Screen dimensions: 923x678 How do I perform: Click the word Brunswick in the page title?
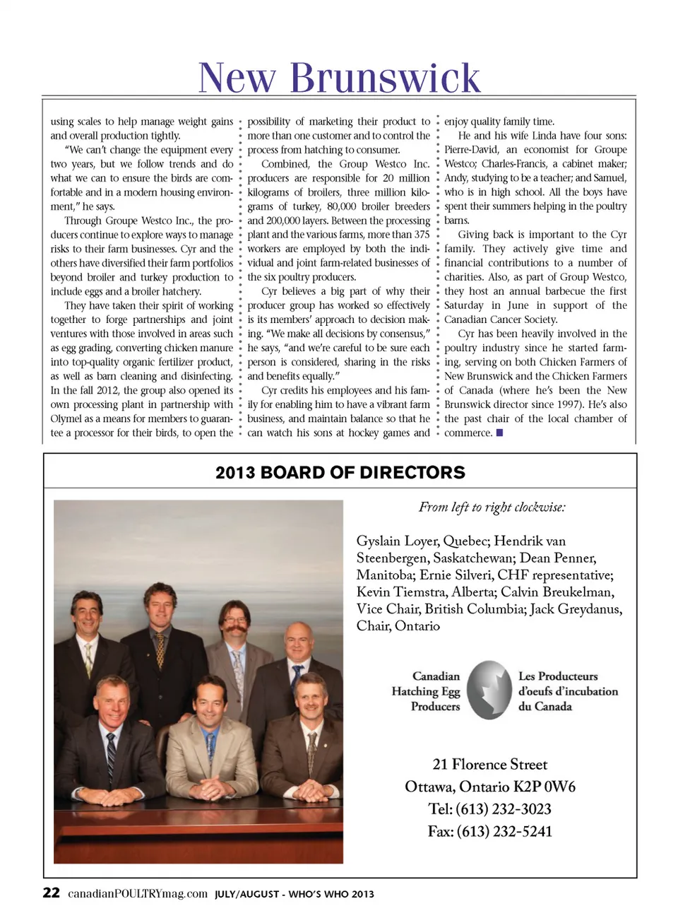click(385, 78)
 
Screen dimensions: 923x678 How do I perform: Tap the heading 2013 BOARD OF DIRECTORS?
click(340, 472)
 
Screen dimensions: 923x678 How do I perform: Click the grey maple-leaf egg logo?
click(489, 690)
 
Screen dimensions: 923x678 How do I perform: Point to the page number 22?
click(51, 893)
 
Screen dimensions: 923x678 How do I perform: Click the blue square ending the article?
click(499, 433)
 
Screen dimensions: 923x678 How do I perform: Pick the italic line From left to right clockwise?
click(492, 507)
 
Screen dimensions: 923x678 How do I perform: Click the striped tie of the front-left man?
click(111, 757)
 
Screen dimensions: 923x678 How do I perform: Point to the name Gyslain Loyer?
click(397, 541)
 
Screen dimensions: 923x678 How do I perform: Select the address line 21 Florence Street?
click(489, 764)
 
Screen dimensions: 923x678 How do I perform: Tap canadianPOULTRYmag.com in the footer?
click(138, 893)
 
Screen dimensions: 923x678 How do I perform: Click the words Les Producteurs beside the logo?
click(558, 676)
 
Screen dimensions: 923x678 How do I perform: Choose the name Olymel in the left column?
click(66, 418)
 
